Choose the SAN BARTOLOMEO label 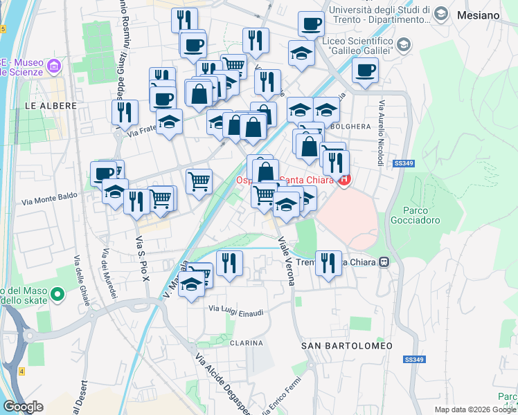pos(347,345)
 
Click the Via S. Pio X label pos(141,259)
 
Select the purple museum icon pos(54,67)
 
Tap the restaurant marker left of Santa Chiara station pos(328,262)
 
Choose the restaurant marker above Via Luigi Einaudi pos(229,263)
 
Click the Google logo pos(24,407)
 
